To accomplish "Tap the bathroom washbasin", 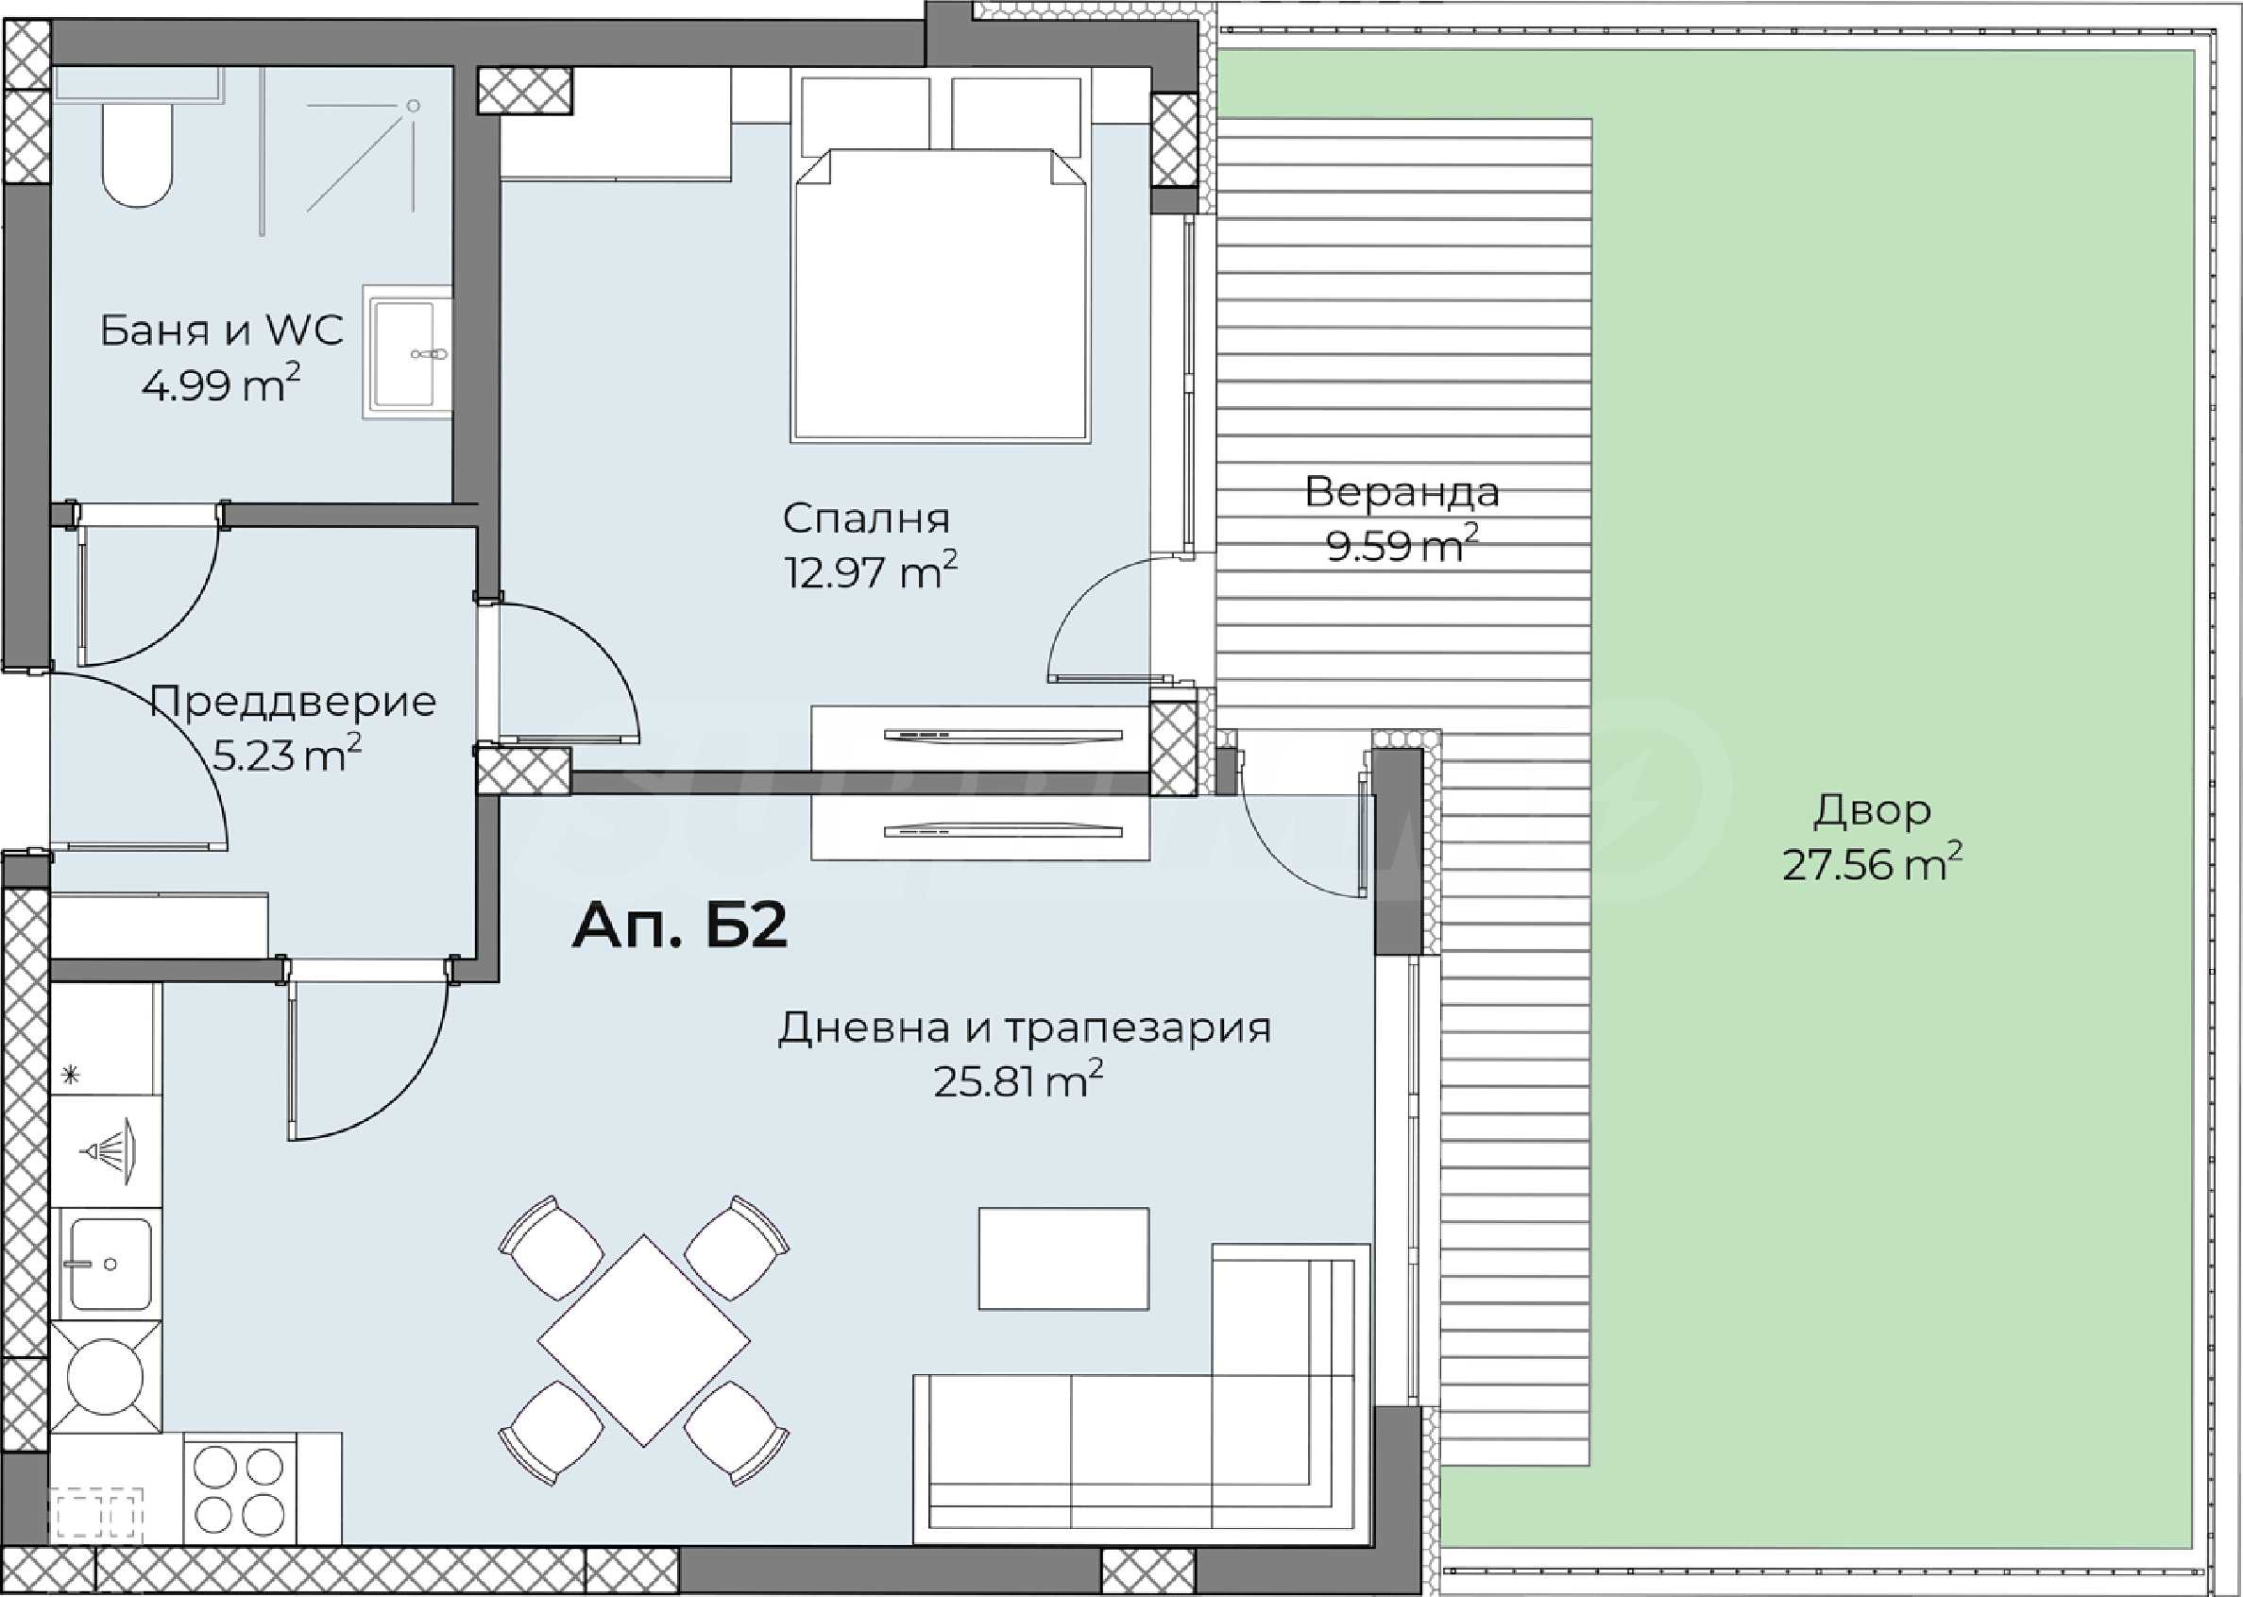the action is pyautogui.click(x=407, y=352).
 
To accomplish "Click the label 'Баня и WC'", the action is pyautogui.click(x=221, y=331).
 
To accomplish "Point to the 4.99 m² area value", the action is pyautogui.click(x=220, y=384).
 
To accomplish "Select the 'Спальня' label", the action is pyautogui.click(x=866, y=518).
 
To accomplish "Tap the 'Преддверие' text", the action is pyautogui.click(x=293, y=702).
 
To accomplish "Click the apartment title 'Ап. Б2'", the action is pyautogui.click(x=679, y=926).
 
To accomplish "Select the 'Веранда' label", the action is pyautogui.click(x=1402, y=492).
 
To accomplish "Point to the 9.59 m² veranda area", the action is pyautogui.click(x=1402, y=544).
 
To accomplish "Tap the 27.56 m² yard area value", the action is pyautogui.click(x=1872, y=864).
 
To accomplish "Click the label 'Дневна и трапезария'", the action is pyautogui.click(x=1025, y=1028).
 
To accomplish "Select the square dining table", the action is pyautogui.click(x=644, y=1340).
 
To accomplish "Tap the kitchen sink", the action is pyautogui.click(x=106, y=1264).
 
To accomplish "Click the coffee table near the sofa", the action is pyautogui.click(x=1064, y=1258).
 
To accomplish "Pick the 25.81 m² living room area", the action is pyautogui.click(x=1018, y=1080).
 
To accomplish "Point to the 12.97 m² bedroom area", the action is pyautogui.click(x=870, y=570).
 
